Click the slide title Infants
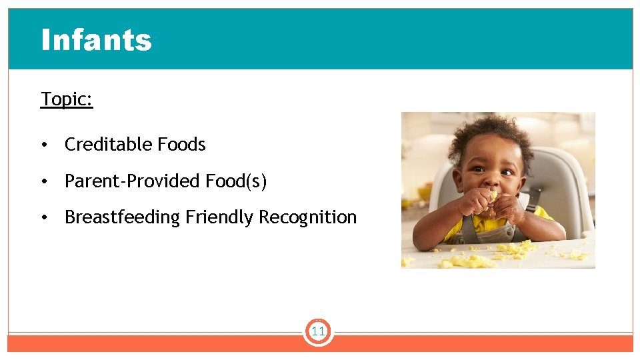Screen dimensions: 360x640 pyautogui.click(x=97, y=40)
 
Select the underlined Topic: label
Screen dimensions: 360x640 pyautogui.click(x=67, y=99)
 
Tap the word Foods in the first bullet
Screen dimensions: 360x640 pyautogui.click(x=181, y=145)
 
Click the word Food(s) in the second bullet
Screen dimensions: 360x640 pyautogui.click(x=236, y=181)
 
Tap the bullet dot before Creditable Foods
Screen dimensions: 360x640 pyautogui.click(x=44, y=145)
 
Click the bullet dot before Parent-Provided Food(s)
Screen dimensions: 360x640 pyautogui.click(x=44, y=182)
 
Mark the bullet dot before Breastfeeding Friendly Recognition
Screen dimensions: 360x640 pyautogui.click(x=44, y=218)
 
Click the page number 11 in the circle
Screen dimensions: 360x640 pyautogui.click(x=318, y=331)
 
